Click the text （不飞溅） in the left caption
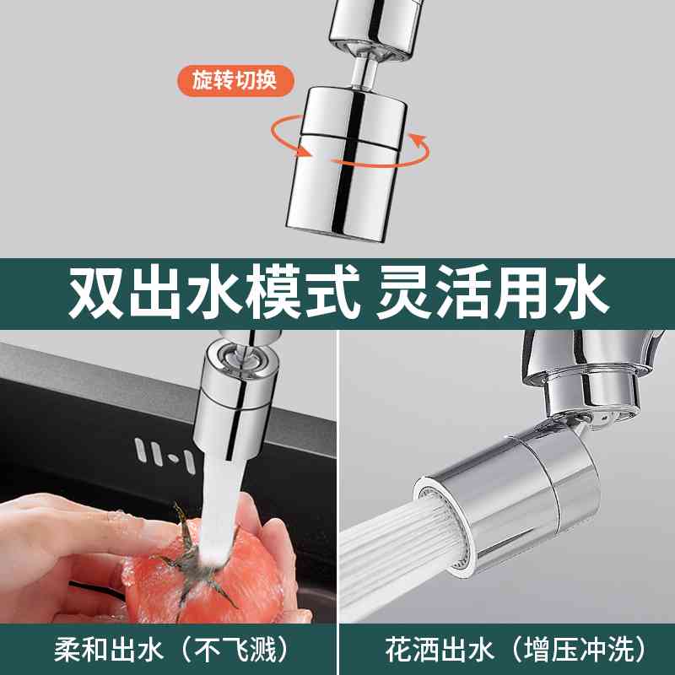224,649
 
